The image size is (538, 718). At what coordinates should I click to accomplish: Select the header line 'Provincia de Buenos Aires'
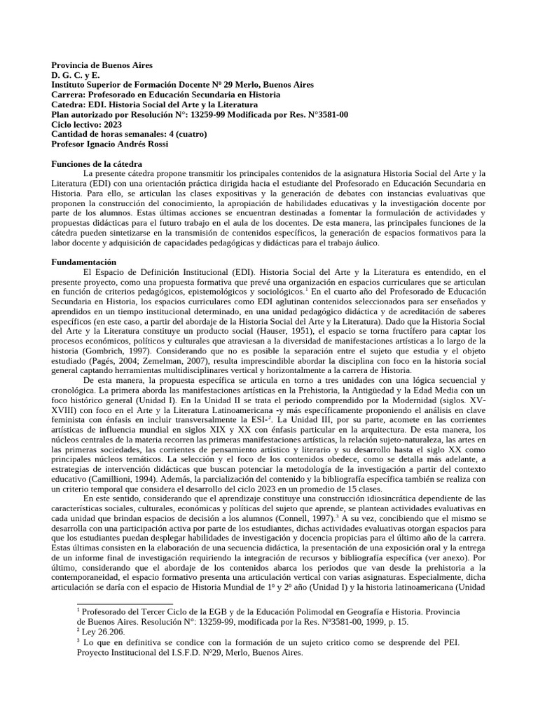(101, 65)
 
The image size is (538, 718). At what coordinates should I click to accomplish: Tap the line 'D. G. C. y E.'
(76, 74)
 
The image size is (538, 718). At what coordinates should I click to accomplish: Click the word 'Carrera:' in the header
(69, 94)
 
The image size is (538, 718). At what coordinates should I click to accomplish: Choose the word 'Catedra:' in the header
(69, 104)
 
